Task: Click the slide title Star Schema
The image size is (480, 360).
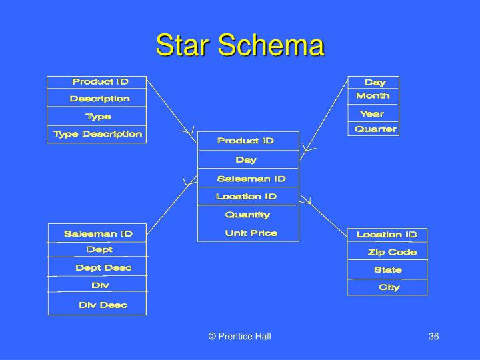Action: (240, 45)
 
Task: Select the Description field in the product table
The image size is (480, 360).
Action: (100, 99)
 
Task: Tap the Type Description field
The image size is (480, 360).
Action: (97, 134)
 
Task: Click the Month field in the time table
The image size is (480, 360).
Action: (373, 97)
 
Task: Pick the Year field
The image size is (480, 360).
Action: (372, 113)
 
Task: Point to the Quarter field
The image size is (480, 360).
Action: (375, 129)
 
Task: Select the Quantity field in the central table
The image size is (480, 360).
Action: (247, 215)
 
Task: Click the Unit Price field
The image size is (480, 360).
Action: (251, 233)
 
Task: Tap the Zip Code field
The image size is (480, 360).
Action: (392, 252)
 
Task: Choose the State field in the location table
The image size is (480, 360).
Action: (387, 270)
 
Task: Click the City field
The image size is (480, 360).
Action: (389, 287)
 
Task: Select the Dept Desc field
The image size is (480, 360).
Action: (103, 267)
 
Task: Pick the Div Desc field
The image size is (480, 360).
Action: (103, 305)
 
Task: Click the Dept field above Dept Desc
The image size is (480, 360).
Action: (100, 249)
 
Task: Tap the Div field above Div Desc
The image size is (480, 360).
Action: (100, 285)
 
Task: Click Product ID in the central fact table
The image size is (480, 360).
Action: (245, 141)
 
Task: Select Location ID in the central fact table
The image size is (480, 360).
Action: (246, 197)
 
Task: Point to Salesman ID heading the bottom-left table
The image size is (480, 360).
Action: (98, 233)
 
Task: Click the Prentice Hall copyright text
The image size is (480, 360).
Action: (239, 337)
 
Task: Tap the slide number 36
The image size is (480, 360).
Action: (433, 337)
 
